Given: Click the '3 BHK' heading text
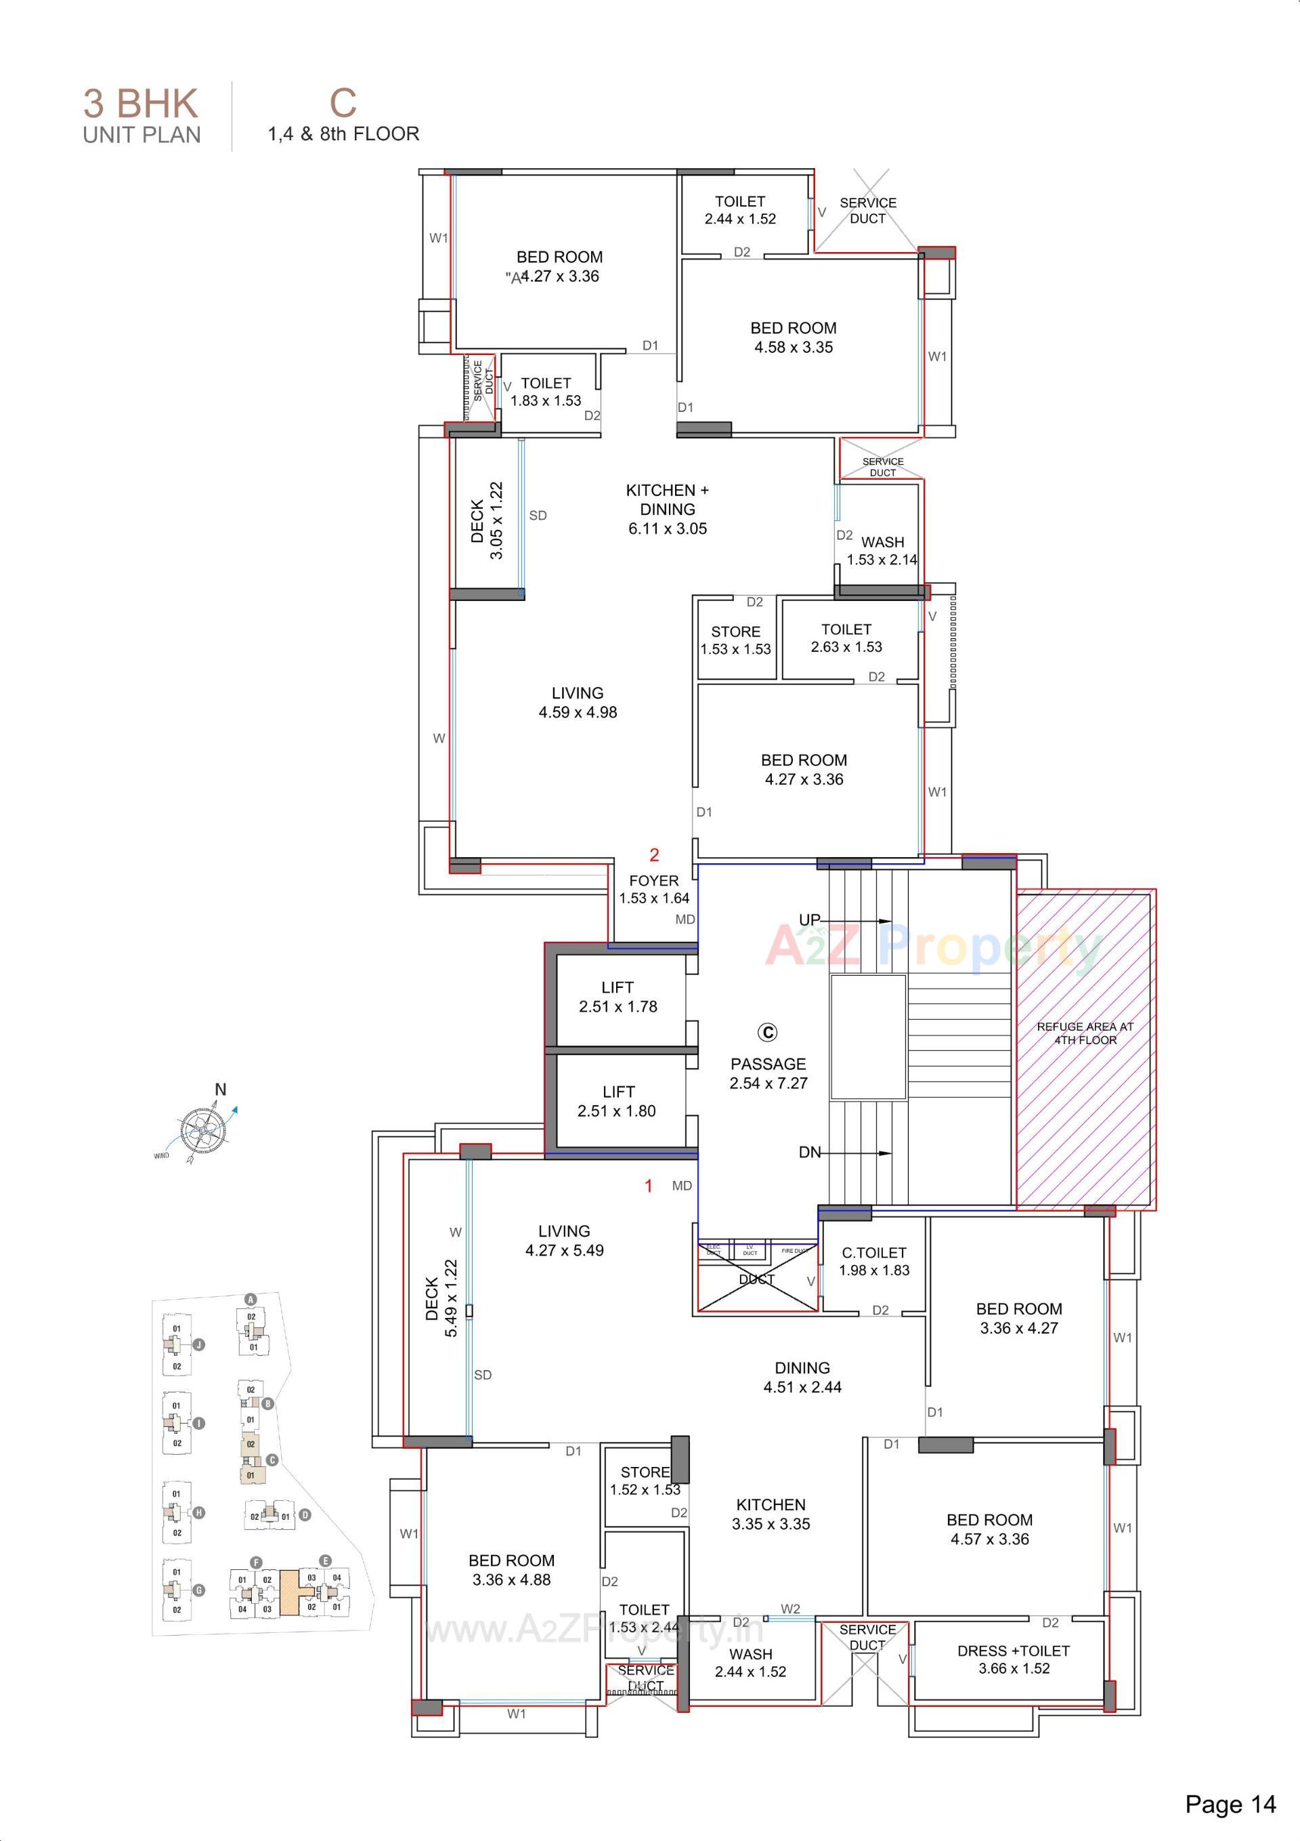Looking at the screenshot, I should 141,104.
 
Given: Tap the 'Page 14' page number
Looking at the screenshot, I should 1230,1804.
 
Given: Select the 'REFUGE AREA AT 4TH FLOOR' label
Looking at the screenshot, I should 1085,1033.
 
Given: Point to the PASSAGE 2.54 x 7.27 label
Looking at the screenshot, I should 768,1073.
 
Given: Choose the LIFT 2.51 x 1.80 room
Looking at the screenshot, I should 617,1101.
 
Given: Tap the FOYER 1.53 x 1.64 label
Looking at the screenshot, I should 653,889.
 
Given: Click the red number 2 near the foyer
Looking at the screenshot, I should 654,854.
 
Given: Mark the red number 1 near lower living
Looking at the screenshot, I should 649,1186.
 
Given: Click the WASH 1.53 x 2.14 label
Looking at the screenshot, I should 882,551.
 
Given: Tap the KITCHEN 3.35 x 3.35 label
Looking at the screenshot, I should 771,1514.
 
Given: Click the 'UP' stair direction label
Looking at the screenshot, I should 810,919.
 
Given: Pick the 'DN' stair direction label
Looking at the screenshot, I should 810,1152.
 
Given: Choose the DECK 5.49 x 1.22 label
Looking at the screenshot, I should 441,1298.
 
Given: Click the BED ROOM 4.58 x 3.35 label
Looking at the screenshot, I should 794,337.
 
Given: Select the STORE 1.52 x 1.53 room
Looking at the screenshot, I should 645,1480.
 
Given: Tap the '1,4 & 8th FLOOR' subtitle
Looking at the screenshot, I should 343,134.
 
